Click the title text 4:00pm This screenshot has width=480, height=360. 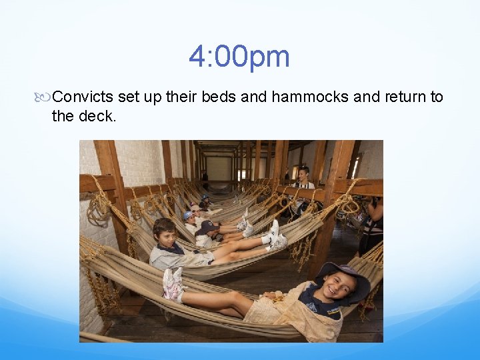click(239, 57)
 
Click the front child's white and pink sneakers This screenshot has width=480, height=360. click(172, 283)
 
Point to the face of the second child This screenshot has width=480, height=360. click(165, 234)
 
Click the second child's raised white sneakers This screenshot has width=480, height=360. click(275, 235)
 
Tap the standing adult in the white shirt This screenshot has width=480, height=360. click(303, 183)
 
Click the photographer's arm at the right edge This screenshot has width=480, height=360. click(376, 210)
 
